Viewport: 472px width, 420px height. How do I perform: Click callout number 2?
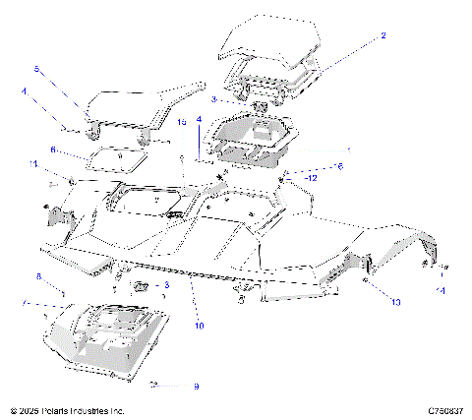pos(383,35)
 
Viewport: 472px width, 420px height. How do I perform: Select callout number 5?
pos(37,70)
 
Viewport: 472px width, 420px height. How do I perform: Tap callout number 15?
pos(182,122)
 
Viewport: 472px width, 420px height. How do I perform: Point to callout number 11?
pos(32,163)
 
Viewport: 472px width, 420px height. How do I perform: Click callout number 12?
pos(311,178)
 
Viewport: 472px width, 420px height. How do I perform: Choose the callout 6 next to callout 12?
pos(341,166)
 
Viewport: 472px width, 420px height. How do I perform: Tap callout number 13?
pos(396,302)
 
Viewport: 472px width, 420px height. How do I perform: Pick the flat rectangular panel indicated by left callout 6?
pos(118,157)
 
